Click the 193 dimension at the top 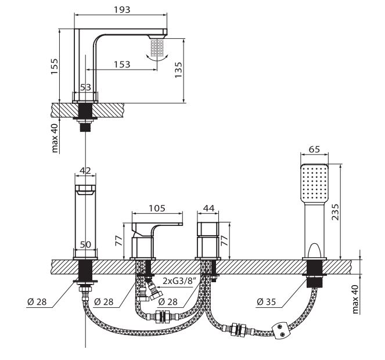[x=122, y=9]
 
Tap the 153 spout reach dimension [x=122, y=64]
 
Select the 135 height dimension [x=178, y=70]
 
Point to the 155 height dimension [x=54, y=66]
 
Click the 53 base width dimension [x=85, y=87]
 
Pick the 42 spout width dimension [x=85, y=171]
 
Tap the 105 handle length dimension [x=157, y=208]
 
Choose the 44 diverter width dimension [x=209, y=208]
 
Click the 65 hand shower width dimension [x=315, y=149]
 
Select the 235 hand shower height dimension [x=335, y=212]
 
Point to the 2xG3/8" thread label [x=179, y=280]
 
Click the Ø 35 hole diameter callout [x=266, y=301]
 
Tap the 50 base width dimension [x=85, y=244]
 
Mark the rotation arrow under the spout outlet [x=157, y=58]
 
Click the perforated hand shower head [x=315, y=182]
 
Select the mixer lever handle [x=157, y=226]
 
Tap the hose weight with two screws [x=282, y=330]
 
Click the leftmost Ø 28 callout [x=37, y=301]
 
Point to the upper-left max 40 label [x=55, y=138]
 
